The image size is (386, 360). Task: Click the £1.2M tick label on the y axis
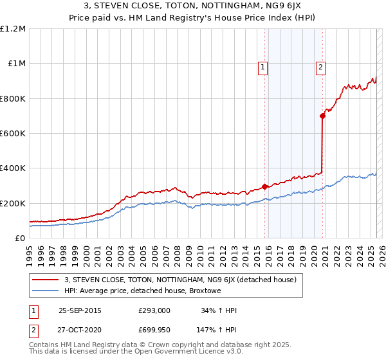click(x=13, y=29)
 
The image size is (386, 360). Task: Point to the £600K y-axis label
click(x=13, y=134)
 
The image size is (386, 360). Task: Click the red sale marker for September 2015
click(x=264, y=187)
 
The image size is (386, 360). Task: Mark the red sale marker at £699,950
click(x=322, y=116)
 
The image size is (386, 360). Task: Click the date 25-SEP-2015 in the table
click(x=80, y=310)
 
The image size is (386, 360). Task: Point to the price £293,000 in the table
click(x=154, y=310)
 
